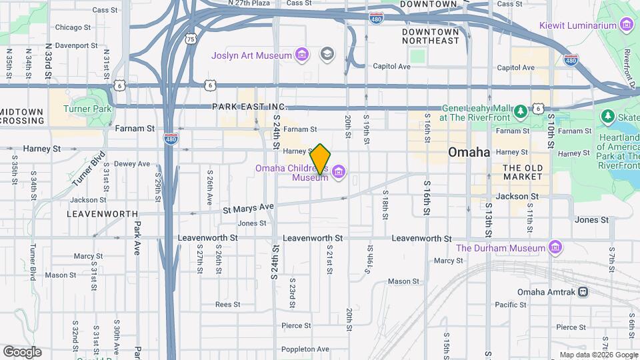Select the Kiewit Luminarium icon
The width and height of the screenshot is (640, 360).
[626, 25]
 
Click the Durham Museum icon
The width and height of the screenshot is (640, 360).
[555, 248]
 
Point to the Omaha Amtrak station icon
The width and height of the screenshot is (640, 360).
[583, 291]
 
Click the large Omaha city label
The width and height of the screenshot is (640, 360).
[469, 152]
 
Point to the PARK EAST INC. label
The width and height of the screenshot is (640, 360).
[249, 107]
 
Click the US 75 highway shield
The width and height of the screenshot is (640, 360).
[191, 39]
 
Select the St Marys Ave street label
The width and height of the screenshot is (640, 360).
[248, 209]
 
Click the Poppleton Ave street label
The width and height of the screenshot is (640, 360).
[305, 349]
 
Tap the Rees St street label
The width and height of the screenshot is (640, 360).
[227, 304]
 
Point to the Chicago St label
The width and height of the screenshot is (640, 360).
[73, 27]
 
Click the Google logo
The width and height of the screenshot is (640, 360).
[22, 352]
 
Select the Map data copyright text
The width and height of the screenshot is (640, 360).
[599, 355]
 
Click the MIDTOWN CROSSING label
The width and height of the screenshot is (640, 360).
[22, 116]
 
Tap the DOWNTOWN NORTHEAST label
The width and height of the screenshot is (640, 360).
[431, 36]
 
